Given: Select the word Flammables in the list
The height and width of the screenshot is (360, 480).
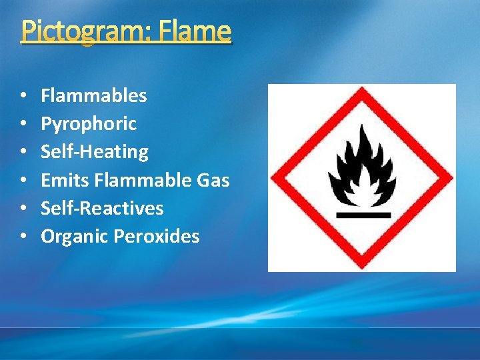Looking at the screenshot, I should (x=93, y=95).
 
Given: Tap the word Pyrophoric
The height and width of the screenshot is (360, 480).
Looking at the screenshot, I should (x=89, y=123).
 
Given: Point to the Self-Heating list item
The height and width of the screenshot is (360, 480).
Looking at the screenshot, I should (x=95, y=151).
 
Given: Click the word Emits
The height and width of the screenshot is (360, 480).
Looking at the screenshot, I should (x=65, y=180).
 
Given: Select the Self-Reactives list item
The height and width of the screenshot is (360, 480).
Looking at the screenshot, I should (x=102, y=208).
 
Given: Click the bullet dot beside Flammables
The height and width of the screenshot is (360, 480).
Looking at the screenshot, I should (x=23, y=96).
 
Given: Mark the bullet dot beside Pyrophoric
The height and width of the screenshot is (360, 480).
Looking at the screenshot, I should (x=23, y=124).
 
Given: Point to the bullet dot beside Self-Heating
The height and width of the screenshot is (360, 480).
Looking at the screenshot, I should (x=23, y=152).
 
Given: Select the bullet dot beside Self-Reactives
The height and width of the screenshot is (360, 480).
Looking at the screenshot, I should (x=23, y=209).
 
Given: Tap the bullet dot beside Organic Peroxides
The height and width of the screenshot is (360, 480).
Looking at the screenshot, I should (x=23, y=237).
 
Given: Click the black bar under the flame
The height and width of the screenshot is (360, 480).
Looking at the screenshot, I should (x=363, y=214).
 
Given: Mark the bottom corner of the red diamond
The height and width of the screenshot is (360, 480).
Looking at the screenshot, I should (x=362, y=265).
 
